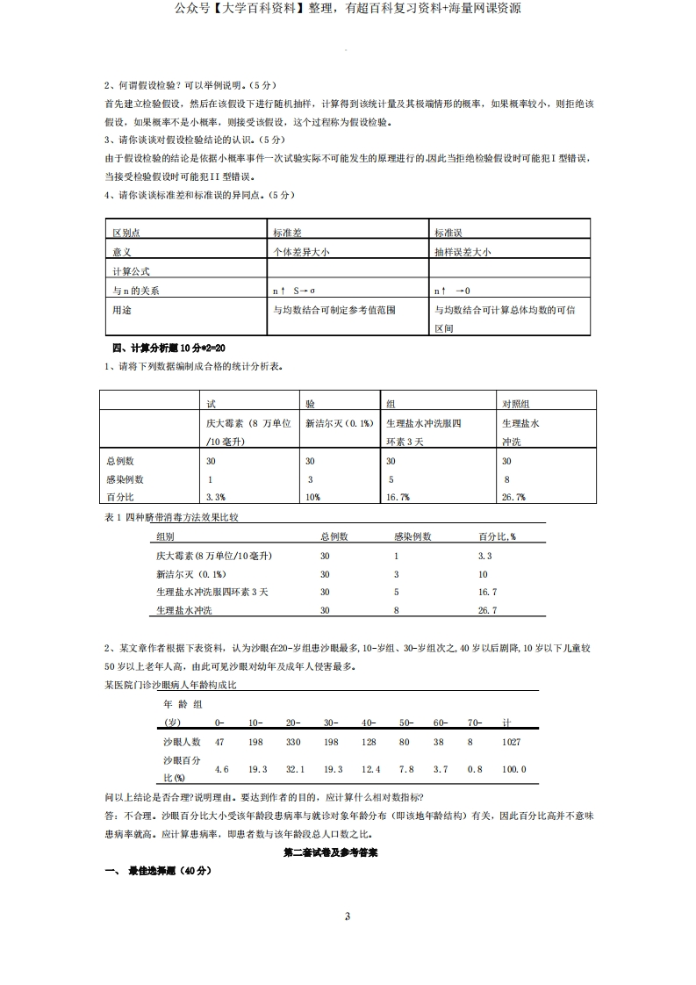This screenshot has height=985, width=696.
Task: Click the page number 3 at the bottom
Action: [348, 917]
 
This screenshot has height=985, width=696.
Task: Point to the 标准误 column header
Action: [448, 233]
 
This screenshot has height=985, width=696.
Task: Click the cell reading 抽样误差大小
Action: [463, 252]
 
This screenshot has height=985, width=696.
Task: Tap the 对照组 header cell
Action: [515, 404]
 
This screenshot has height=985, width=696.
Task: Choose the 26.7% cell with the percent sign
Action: [513, 498]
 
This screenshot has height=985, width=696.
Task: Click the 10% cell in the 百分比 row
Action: [313, 498]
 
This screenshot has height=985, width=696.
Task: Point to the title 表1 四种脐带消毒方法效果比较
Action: [171, 517]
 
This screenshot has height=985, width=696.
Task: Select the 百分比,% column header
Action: [497, 536]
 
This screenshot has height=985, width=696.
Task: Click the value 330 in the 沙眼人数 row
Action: [293, 743]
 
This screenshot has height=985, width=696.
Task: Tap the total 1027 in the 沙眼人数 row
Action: [511, 743]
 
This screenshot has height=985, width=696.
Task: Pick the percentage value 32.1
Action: [294, 770]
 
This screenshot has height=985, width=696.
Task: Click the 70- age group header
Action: [474, 723]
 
